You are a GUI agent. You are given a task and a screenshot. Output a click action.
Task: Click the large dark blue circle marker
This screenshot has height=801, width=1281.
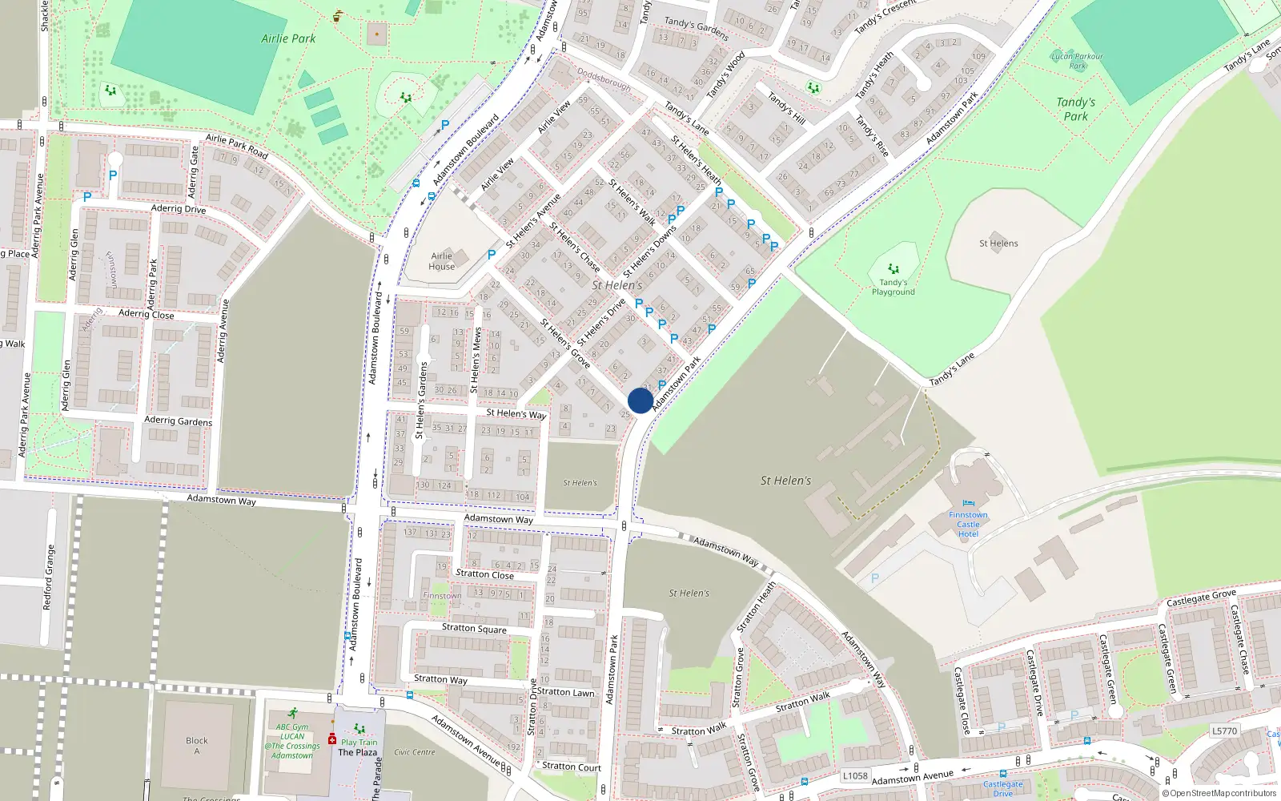[640, 400]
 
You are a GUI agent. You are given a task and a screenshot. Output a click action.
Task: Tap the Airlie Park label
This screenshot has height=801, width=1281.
[288, 38]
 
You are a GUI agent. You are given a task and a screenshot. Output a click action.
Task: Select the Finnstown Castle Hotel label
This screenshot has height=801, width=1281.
[968, 525]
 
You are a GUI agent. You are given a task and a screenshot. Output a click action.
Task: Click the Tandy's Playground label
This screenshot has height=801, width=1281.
[893, 287]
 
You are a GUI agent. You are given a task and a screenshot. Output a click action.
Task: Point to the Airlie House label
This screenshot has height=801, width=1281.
[441, 261]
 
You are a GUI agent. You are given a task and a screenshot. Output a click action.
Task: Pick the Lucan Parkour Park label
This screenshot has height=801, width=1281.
[1077, 61]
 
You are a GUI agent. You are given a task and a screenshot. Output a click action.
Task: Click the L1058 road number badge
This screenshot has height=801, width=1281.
[855, 775]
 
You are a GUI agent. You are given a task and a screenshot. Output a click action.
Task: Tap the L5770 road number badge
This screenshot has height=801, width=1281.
[1224, 731]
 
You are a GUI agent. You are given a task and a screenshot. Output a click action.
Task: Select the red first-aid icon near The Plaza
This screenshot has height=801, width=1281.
[332, 739]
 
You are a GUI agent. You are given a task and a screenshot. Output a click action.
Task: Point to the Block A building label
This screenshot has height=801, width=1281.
[196, 745]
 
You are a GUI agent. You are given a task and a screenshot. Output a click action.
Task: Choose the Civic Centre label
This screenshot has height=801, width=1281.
[415, 752]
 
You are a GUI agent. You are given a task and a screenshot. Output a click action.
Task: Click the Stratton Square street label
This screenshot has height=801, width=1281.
[474, 628]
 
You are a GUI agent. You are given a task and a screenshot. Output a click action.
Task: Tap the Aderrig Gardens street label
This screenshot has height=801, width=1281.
[178, 421]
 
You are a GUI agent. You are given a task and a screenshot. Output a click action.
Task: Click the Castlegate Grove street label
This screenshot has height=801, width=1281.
[1201, 598]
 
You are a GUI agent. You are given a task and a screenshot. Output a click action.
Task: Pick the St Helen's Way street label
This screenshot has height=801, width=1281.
[516, 413]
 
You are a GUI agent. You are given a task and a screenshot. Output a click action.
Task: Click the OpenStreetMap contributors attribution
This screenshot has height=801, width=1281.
[1219, 794]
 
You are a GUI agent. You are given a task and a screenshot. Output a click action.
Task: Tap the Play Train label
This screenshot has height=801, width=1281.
[359, 742]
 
